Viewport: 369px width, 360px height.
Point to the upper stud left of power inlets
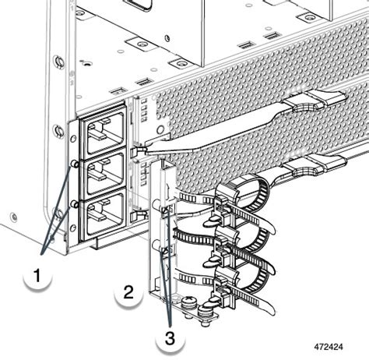(74, 164)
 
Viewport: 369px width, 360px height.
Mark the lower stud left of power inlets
(74, 203)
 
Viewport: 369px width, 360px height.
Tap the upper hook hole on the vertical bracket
(166, 208)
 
